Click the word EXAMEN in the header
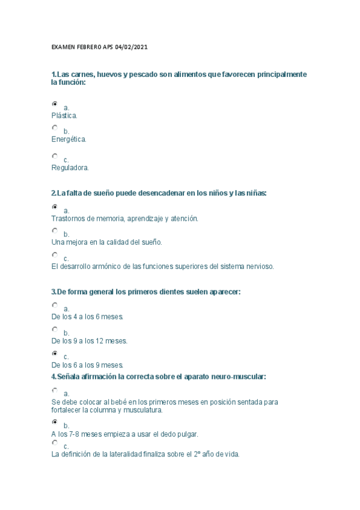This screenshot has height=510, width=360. [x=61, y=48]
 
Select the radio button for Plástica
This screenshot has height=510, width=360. [x=55, y=104]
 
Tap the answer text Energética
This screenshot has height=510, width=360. [x=69, y=139]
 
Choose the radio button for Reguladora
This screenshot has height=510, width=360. [x=55, y=156]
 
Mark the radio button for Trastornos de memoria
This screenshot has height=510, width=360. [x=55, y=207]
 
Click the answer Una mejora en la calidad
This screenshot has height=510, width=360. [x=107, y=242]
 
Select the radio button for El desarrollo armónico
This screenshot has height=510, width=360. [x=55, y=254]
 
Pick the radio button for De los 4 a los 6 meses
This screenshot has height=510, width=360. [x=55, y=305]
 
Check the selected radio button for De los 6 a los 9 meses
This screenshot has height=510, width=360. [x=55, y=353]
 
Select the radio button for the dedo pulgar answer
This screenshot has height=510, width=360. [x=55, y=422]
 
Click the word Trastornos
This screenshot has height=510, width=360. [x=69, y=218]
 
